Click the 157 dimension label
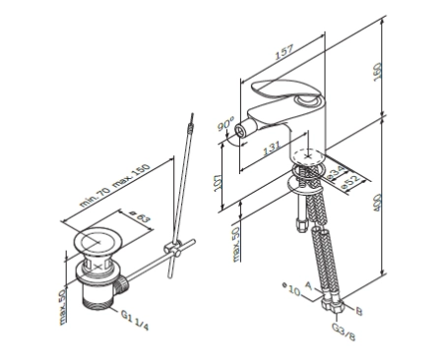coord(284,52)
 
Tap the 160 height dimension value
coord(378,72)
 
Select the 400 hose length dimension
coord(378,203)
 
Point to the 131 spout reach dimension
coord(272,149)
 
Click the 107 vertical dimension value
coord(218,183)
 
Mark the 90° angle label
coord(225,125)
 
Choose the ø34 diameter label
coord(337,172)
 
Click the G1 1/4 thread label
coord(135,320)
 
